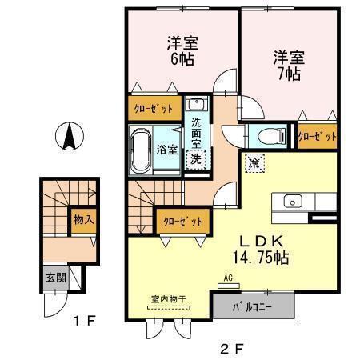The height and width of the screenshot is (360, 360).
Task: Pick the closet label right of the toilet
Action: (x=317, y=137)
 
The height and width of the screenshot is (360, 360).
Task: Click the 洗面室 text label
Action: (x=196, y=134)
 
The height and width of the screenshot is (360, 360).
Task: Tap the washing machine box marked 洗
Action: (x=195, y=159)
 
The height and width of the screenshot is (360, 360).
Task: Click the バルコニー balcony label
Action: (x=254, y=306)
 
